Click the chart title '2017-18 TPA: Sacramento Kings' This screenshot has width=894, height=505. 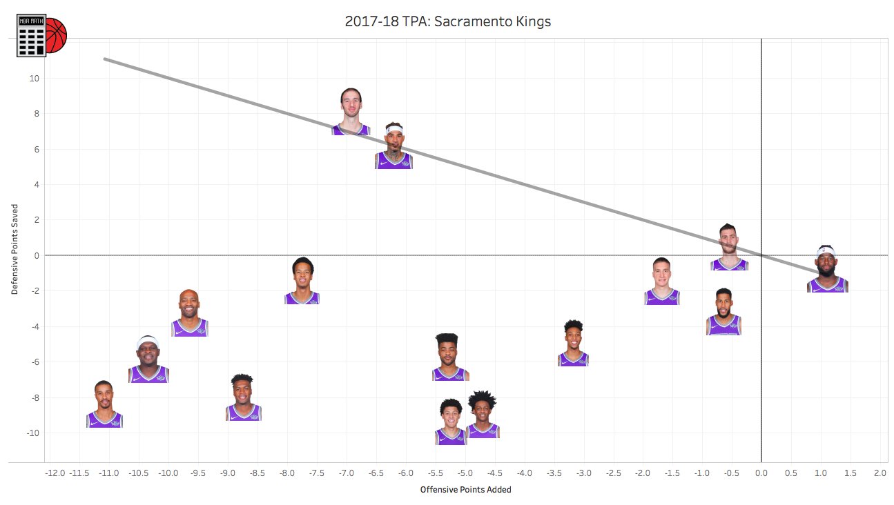click(x=447, y=21)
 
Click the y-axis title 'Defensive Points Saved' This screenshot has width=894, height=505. click(x=14, y=249)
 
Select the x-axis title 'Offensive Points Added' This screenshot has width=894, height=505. click(x=465, y=490)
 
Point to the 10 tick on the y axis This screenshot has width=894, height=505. click(x=34, y=79)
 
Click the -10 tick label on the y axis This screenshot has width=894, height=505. click(x=32, y=433)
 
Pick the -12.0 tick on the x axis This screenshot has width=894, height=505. click(x=55, y=473)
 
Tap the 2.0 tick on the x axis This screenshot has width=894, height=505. click(x=880, y=473)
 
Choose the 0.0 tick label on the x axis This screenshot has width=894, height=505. click(x=761, y=473)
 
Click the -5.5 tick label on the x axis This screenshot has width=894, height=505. click(x=436, y=473)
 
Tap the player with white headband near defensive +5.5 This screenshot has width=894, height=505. click(x=393, y=146)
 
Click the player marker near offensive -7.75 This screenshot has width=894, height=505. click(x=302, y=281)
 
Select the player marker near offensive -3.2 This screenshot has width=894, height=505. click(x=573, y=343)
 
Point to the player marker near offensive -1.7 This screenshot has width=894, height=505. click(x=662, y=281)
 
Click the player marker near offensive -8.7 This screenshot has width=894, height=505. click(x=243, y=398)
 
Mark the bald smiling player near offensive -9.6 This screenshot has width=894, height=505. click(x=189, y=313)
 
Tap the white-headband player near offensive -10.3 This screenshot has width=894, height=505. click(x=148, y=359)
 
